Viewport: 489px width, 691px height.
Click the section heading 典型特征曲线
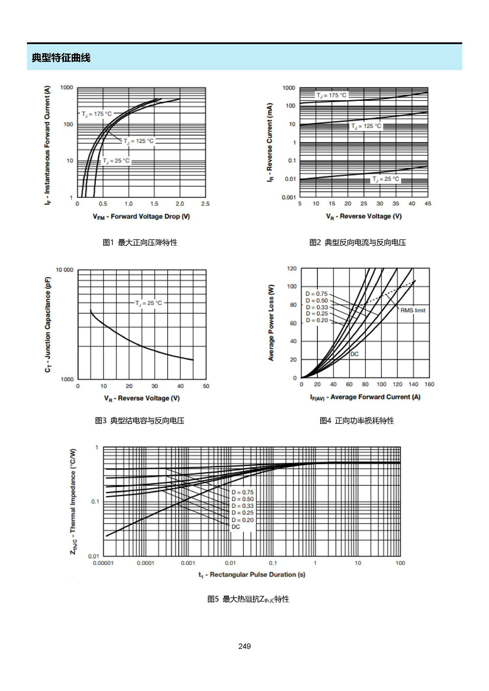[x=61, y=58]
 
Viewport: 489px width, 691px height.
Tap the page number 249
[x=244, y=646]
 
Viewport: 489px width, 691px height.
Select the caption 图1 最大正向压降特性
[x=140, y=242]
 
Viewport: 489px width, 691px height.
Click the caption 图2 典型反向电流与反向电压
[x=357, y=242]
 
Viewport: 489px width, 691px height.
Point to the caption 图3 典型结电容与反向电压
[x=139, y=420]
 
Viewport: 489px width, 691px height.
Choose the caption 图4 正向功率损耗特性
[x=357, y=420]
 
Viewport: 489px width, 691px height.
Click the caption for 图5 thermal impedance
[x=248, y=599]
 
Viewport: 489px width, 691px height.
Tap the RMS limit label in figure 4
[x=413, y=310]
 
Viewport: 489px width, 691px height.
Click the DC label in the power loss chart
[x=355, y=354]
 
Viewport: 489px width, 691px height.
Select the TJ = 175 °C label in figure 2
[x=331, y=95]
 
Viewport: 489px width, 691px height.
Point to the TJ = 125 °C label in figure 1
[x=138, y=141]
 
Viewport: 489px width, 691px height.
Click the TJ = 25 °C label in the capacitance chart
[x=149, y=303]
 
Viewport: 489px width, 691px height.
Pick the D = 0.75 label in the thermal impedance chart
[x=243, y=492]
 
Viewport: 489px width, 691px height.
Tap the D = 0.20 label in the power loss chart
[x=317, y=320]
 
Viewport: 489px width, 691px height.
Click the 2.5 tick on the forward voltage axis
[x=205, y=204]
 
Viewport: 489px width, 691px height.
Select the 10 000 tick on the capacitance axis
[x=65, y=270]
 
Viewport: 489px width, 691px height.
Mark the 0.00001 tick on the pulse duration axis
[x=103, y=563]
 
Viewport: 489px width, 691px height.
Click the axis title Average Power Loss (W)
[x=271, y=323]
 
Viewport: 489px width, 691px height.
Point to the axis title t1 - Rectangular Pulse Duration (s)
[x=252, y=575]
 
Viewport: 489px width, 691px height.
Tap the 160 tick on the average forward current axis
[x=429, y=384]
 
